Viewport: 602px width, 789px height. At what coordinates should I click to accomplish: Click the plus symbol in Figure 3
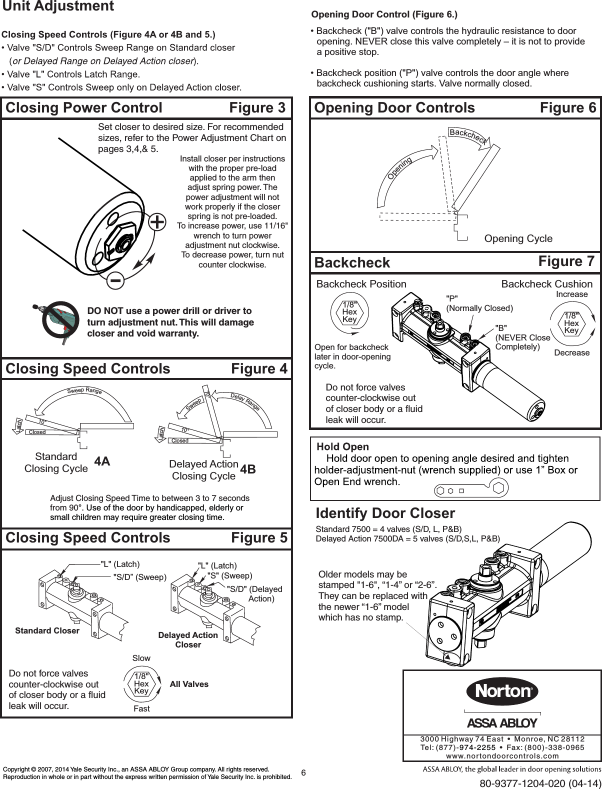(157, 222)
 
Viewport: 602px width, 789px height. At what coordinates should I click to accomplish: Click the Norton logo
(502, 691)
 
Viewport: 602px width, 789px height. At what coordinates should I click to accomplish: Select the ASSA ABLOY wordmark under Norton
(502, 723)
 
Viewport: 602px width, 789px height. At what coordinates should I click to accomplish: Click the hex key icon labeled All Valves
(142, 683)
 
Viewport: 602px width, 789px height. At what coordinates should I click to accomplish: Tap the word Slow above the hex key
(141, 658)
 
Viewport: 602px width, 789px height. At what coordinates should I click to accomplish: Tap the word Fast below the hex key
(141, 708)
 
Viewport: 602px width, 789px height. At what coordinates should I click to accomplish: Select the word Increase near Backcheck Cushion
(572, 294)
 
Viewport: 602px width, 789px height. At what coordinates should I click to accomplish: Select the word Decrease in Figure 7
(572, 353)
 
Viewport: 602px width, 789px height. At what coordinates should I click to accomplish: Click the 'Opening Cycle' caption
(518, 238)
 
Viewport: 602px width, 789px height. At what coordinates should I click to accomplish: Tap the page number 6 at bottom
(303, 772)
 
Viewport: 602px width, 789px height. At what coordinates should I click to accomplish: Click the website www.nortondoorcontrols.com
(502, 756)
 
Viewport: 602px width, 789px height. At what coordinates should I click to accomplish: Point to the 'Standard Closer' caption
(47, 630)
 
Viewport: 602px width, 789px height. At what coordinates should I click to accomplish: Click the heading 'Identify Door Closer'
(385, 513)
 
